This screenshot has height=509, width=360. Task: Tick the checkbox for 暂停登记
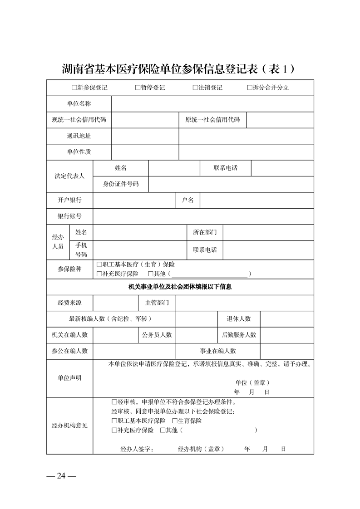pyautogui.click(x=138, y=88)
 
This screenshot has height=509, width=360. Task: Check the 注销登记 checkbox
pyautogui.click(x=195, y=88)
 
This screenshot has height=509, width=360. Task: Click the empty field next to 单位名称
pyautogui.click(x=212, y=104)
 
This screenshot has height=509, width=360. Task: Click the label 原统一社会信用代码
pyautogui.click(x=212, y=120)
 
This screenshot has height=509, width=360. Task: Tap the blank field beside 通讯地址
pyautogui.click(x=246, y=136)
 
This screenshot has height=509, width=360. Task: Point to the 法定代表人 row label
pyautogui.click(x=69, y=176)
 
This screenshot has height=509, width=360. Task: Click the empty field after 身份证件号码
pyautogui.click(x=231, y=184)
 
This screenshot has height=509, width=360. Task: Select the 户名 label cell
pyautogui.click(x=188, y=200)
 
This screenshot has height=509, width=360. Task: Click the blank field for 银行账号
pyautogui.click(x=203, y=216)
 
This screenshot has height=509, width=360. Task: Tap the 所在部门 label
pyautogui.click(x=205, y=232)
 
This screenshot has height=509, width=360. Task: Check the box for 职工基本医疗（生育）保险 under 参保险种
pyautogui.click(x=99, y=264)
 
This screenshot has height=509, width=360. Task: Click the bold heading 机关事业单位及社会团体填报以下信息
pyautogui.click(x=180, y=287)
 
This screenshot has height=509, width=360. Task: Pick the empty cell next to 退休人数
pyautogui.click(x=286, y=318)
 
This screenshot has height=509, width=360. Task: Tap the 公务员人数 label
pyautogui.click(x=157, y=335)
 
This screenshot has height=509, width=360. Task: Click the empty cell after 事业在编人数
pyautogui.click(x=286, y=351)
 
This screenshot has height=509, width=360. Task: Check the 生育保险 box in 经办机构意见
pyautogui.click(x=175, y=421)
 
